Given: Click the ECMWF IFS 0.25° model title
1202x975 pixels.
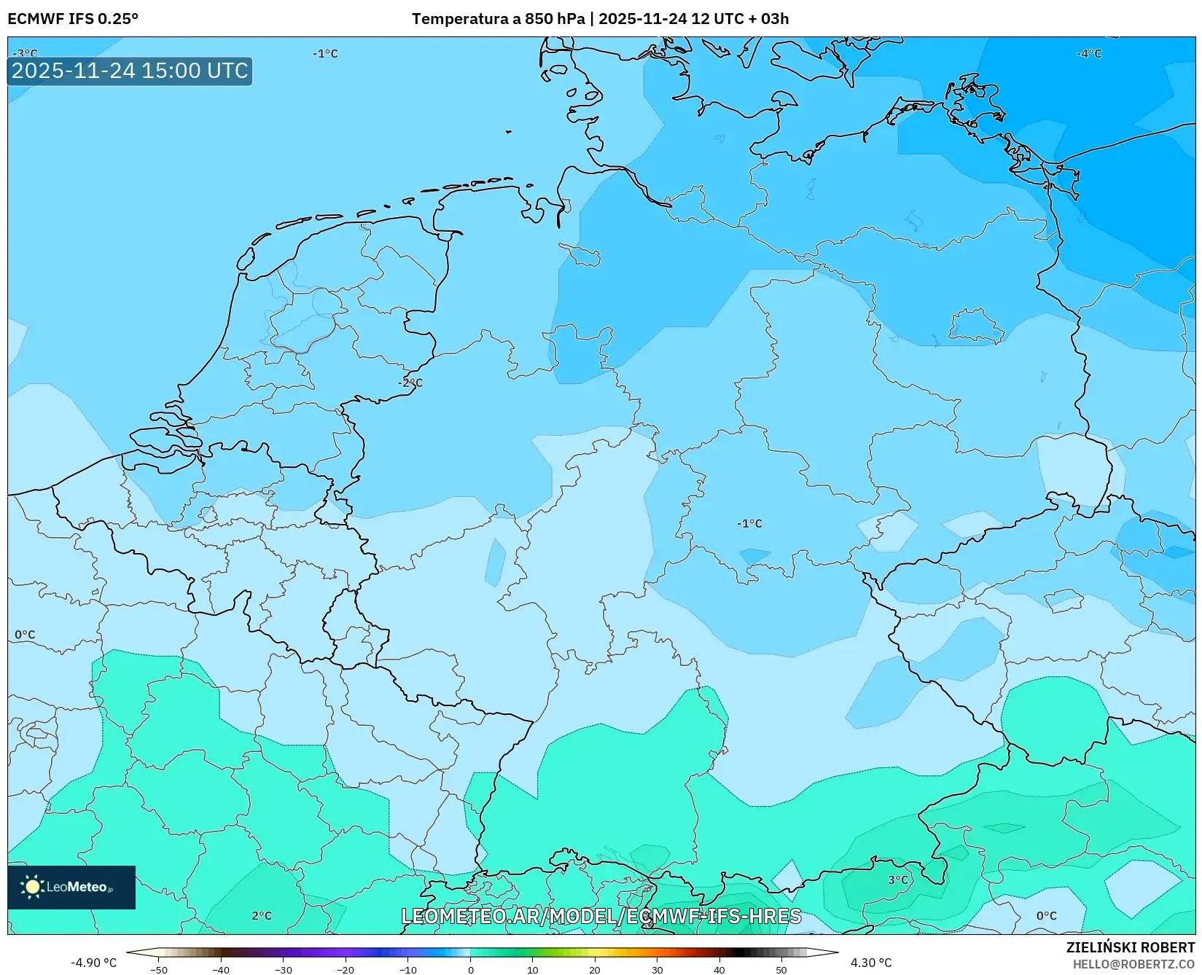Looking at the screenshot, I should (x=72, y=19).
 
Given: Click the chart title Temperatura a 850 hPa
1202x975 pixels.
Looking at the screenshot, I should (x=499, y=19).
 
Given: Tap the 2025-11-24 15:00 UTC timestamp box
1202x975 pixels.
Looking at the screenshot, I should (x=130, y=71).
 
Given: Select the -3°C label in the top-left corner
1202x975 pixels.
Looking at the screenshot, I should (x=25, y=53).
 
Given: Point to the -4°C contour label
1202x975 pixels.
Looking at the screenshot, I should (x=1089, y=53).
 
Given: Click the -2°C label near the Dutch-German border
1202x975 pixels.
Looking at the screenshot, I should (x=410, y=383).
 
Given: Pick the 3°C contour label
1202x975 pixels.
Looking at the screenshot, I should (x=898, y=880).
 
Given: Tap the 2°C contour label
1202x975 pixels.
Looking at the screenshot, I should (x=262, y=915).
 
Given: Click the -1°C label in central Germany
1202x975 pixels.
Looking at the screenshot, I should (x=749, y=523).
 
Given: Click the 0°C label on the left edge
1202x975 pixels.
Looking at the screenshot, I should (x=25, y=635).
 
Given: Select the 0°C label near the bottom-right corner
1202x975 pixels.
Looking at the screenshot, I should (x=1046, y=915).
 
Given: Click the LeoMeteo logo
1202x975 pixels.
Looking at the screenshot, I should (x=71, y=887).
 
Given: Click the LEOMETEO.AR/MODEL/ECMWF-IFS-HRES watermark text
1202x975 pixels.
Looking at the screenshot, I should (x=601, y=916).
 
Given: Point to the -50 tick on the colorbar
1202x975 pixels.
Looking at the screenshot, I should (x=159, y=969).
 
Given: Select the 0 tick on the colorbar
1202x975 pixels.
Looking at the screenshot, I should (x=471, y=969).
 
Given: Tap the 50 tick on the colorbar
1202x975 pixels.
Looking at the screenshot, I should (x=781, y=969).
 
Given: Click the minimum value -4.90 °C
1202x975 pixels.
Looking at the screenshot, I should (x=93, y=963).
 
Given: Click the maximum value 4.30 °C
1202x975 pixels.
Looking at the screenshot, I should (x=871, y=963).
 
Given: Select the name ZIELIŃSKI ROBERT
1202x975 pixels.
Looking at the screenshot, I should (x=1130, y=947).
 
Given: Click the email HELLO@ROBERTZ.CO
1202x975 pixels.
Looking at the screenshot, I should (x=1133, y=964).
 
